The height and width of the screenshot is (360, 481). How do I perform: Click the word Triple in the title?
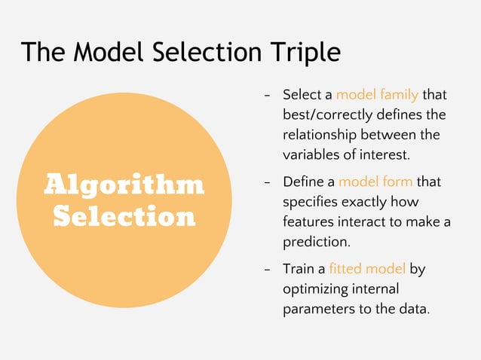click(x=303, y=52)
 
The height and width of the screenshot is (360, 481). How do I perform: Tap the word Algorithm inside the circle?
click(x=124, y=184)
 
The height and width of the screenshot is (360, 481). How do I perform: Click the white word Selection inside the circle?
click(x=124, y=217)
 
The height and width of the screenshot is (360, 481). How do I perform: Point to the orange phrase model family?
click(x=377, y=96)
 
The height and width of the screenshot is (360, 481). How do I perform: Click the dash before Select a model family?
click(x=267, y=96)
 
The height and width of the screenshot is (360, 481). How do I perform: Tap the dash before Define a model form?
click(x=267, y=183)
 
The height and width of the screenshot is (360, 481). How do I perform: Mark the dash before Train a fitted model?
click(x=267, y=270)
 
